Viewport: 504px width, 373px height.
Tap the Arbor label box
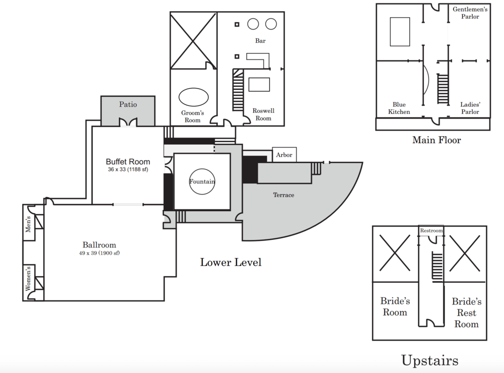click(284, 155)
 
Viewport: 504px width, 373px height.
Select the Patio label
click(128, 104)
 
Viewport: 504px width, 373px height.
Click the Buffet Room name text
click(128, 161)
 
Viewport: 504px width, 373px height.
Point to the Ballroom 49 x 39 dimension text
click(99, 253)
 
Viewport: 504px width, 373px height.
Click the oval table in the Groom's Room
click(194, 97)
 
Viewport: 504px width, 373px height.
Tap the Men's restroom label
click(28, 224)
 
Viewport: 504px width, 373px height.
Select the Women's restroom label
click(28, 278)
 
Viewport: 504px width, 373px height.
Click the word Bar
click(261, 41)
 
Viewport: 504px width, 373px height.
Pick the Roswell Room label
click(264, 114)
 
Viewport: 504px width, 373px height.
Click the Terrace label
click(283, 195)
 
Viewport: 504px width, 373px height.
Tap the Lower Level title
click(231, 262)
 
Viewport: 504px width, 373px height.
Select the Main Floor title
click(436, 140)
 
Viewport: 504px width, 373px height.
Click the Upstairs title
click(430, 360)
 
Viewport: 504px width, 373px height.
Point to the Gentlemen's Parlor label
click(470, 13)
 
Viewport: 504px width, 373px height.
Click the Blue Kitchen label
click(399, 108)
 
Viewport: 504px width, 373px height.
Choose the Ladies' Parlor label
click(470, 108)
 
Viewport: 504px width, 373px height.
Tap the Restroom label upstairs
click(431, 230)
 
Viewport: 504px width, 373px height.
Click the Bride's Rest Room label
click(466, 313)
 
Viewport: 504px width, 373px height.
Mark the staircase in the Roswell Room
click(238, 90)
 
